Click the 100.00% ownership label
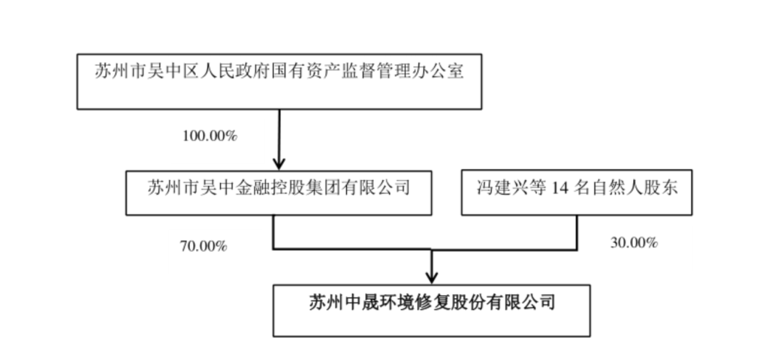click(210, 136)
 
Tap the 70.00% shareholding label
click(203, 246)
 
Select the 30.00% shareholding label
click(634, 243)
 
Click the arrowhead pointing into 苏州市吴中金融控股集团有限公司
click(279, 163)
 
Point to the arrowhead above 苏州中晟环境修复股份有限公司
click(431, 277)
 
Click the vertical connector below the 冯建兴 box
click(577, 232)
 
